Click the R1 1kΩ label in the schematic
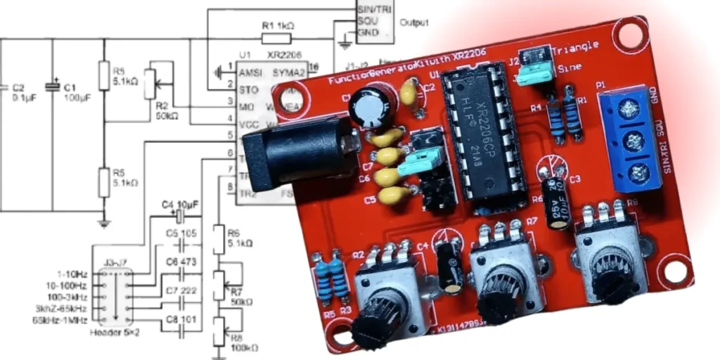(x=278, y=25)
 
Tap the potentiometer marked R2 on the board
(x=389, y=295)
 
